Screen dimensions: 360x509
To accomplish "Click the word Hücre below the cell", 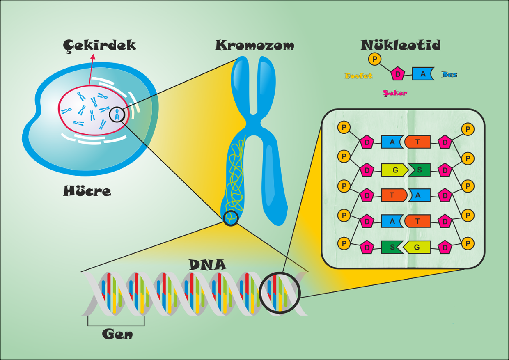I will [x=87, y=191].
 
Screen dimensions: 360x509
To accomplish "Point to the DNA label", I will [x=207, y=264].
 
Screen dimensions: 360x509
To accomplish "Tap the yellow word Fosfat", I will [x=358, y=76].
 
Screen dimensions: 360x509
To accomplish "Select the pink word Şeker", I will [x=394, y=93].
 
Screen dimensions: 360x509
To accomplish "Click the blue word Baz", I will [x=449, y=75].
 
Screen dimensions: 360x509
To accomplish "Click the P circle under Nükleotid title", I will [x=374, y=59].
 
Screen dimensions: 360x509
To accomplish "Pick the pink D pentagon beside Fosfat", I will [x=397, y=74].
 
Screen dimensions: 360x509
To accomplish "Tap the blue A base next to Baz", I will [x=423, y=74].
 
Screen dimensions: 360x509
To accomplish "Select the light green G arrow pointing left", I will [x=416, y=247].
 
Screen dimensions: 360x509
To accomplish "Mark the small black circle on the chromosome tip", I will [x=231, y=218].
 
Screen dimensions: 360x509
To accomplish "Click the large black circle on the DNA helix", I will [x=281, y=294].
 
